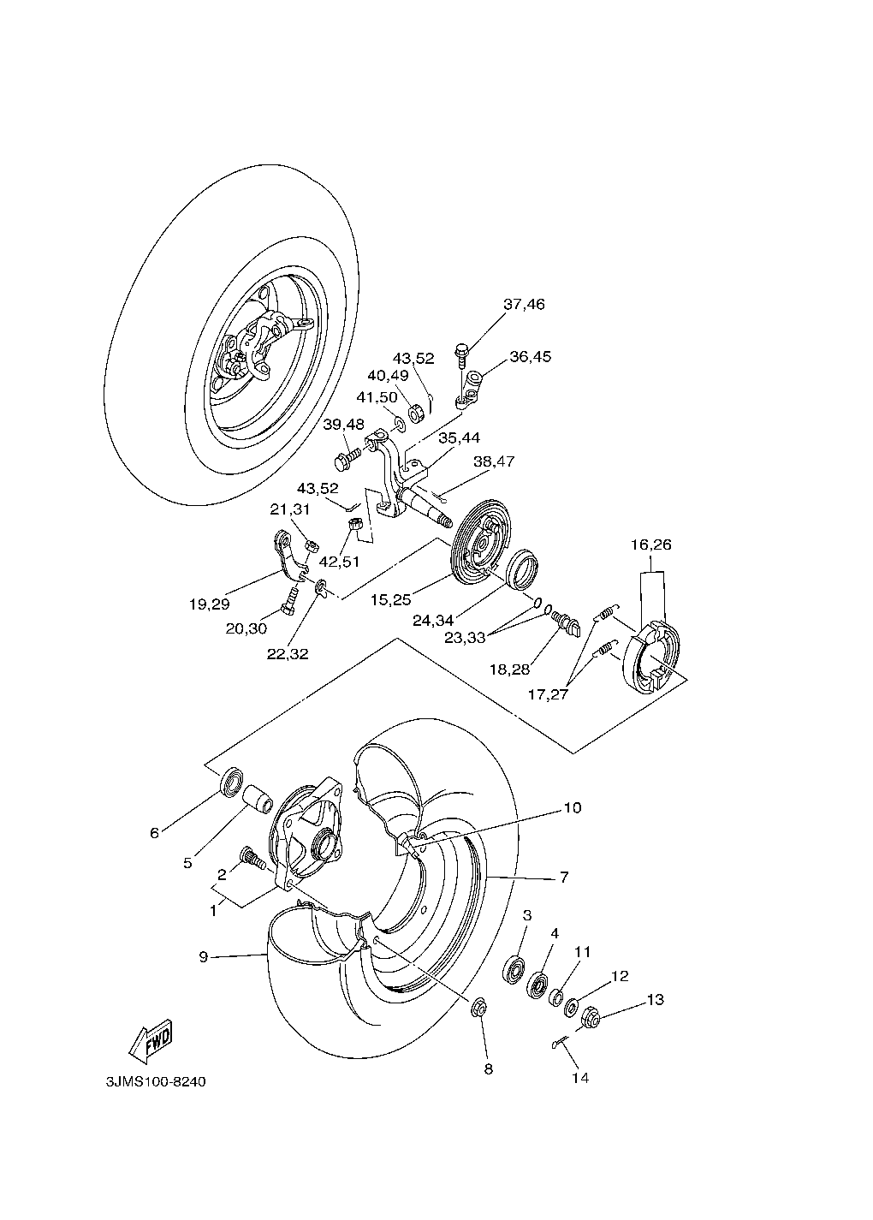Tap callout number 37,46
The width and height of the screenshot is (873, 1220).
point(524,305)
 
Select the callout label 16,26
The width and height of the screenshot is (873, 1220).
point(650,545)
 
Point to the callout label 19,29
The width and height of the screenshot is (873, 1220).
point(210,604)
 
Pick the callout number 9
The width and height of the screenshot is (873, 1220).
point(204,956)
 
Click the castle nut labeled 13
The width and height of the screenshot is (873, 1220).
point(591,1018)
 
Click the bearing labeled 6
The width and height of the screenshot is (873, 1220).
point(231,781)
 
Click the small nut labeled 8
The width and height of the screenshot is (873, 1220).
point(478,1009)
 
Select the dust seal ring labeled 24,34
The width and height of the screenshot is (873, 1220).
point(523,568)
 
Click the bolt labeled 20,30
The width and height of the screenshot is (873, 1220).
point(288,599)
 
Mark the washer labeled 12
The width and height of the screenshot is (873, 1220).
point(571,1007)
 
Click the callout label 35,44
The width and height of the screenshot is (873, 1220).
point(459,437)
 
